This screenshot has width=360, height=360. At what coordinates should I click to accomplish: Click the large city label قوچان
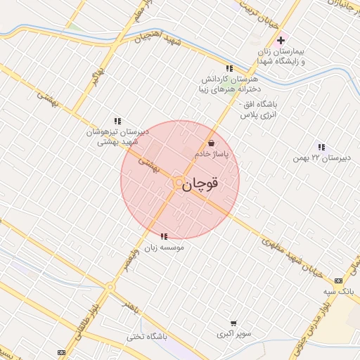pyautogui.click(x=200, y=184)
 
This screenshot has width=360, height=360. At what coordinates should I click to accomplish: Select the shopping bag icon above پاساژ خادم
pyautogui.click(x=212, y=143)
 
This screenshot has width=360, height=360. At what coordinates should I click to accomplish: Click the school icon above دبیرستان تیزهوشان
pyautogui.click(x=117, y=121)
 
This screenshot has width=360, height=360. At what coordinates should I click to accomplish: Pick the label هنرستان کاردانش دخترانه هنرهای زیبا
pyautogui.click(x=229, y=85)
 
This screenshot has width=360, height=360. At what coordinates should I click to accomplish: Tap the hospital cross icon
pyautogui.click(x=281, y=40)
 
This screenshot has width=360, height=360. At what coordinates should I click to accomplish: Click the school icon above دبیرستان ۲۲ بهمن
pyautogui.click(x=321, y=147)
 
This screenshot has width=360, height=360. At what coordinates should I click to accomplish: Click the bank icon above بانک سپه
pyautogui.click(x=340, y=278)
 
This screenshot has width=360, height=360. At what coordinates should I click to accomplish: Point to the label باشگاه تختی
pyautogui.click(x=146, y=336)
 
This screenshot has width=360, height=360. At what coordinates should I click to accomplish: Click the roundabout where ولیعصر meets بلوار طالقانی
pyautogui.click(x=110, y=287)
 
